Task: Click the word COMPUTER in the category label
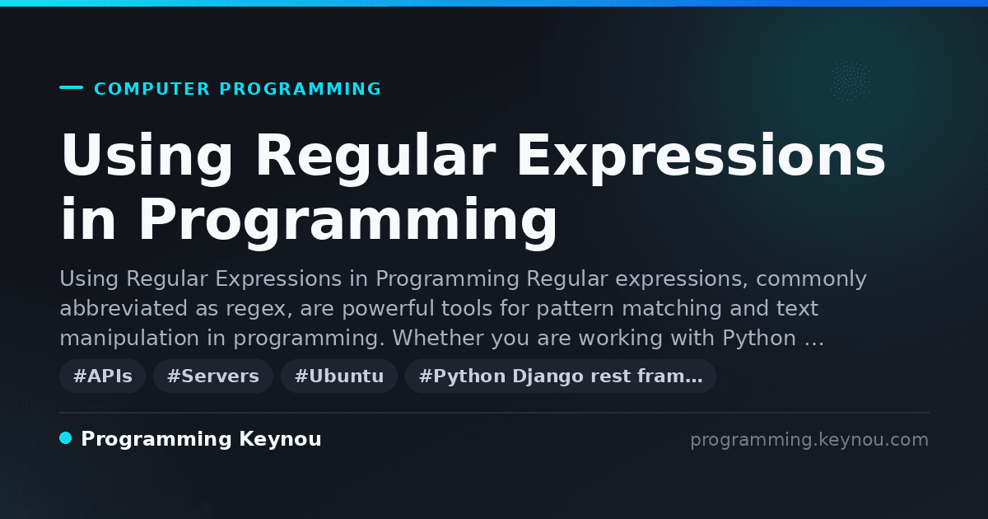point(151,89)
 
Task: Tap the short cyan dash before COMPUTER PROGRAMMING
point(71,87)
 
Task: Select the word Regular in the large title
point(375,157)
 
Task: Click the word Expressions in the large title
point(701,157)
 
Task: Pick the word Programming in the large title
point(348,222)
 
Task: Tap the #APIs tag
point(102,376)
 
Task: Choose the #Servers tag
point(213,376)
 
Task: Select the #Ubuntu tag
point(339,376)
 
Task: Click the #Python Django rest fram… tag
point(561,376)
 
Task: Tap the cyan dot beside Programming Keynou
point(66,438)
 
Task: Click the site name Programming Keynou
point(201,439)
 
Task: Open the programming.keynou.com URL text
point(809,440)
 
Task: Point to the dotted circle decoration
point(851,81)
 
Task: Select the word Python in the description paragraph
point(758,338)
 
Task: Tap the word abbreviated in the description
point(123,308)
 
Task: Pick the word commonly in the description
point(811,279)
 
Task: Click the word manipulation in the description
point(129,339)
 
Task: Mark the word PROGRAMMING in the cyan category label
point(301,89)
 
